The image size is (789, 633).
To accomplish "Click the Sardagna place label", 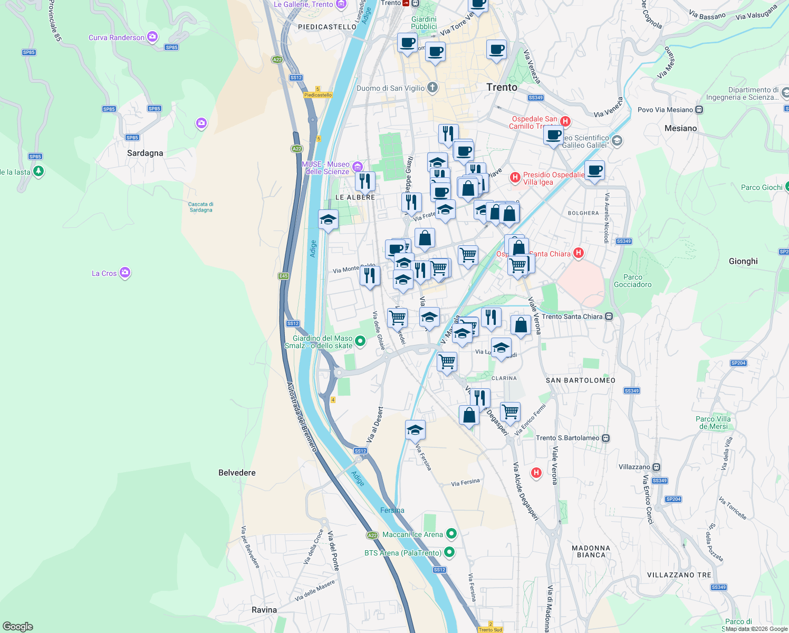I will (145, 153).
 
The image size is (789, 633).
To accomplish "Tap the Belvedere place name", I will (237, 473).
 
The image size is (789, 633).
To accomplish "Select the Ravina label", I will (264, 610).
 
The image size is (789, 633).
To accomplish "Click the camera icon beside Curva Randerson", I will (152, 37).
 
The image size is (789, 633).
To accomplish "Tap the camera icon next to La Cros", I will (125, 273).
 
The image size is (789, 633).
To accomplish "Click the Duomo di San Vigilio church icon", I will (432, 88).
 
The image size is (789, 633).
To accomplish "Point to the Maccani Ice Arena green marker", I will (451, 534).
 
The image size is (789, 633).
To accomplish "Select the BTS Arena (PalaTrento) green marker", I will (449, 552).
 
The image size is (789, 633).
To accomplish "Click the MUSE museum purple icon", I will (358, 167).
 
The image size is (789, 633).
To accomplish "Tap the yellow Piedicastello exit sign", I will (318, 95).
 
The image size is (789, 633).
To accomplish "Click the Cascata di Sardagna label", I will (201, 207).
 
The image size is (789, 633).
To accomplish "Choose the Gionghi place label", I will (743, 261).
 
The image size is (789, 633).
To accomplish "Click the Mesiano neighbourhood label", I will (680, 128).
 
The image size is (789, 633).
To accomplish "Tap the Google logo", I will (18, 627).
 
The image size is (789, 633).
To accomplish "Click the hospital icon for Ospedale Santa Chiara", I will (579, 253).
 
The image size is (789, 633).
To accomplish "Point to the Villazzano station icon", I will (656, 467).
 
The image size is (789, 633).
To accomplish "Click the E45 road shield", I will (283, 276).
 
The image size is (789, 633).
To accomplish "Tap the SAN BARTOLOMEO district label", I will (580, 380).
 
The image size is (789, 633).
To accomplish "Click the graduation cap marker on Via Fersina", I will (415, 430).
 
